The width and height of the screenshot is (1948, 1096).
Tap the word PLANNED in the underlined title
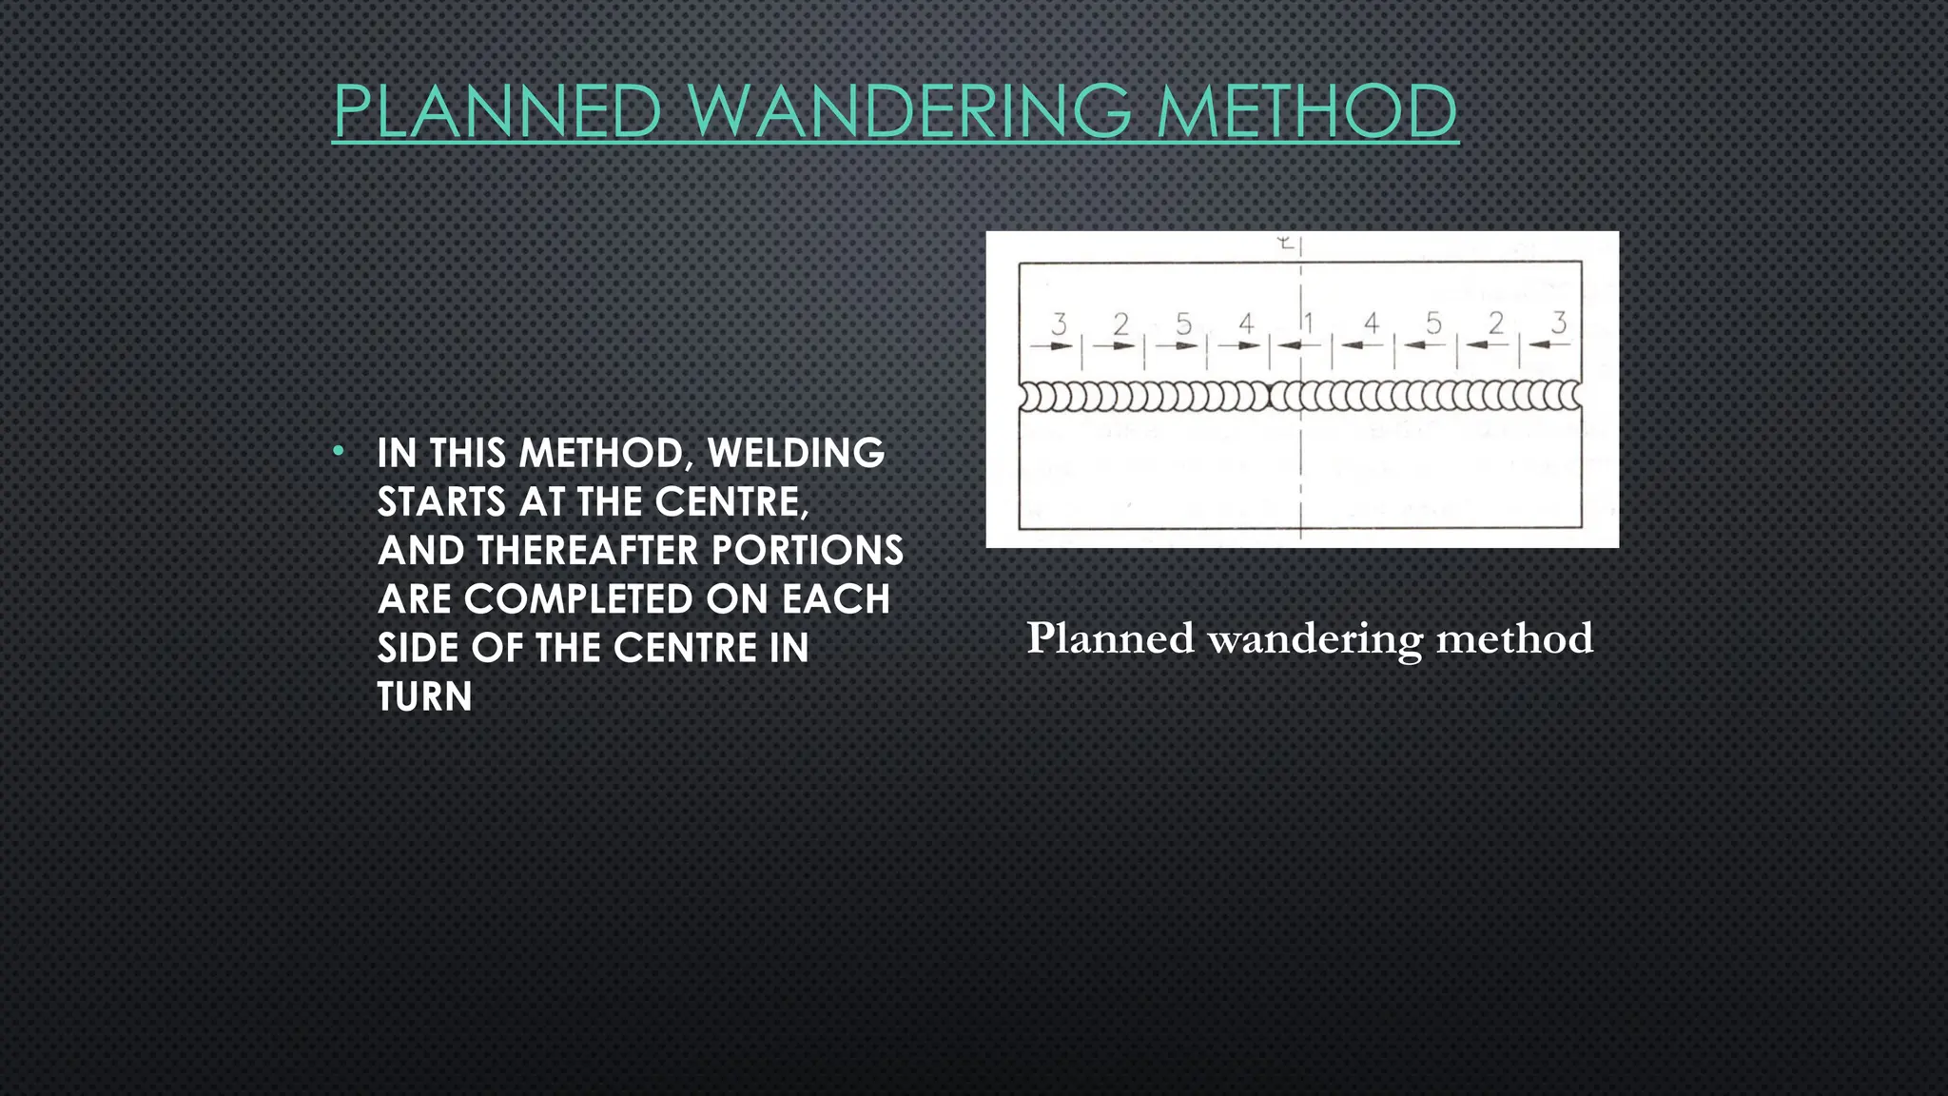[x=497, y=111]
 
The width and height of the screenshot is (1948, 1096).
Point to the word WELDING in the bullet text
[x=796, y=453]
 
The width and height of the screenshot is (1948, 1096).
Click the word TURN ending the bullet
[x=424, y=697]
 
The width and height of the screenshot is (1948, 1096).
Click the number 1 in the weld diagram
[x=1309, y=324]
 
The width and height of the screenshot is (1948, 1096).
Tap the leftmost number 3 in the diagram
[x=1059, y=324]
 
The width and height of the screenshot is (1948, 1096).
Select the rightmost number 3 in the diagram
[x=1558, y=323]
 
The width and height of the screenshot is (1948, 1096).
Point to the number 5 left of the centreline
[x=1183, y=324]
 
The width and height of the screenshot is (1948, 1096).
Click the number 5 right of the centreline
[x=1433, y=324]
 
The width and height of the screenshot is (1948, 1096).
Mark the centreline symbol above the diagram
[x=1286, y=245]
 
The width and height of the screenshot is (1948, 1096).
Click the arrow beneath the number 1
[x=1291, y=345]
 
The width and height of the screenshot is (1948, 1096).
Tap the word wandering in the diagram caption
[x=1315, y=638]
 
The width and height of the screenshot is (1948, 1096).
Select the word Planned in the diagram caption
[x=1110, y=638]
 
